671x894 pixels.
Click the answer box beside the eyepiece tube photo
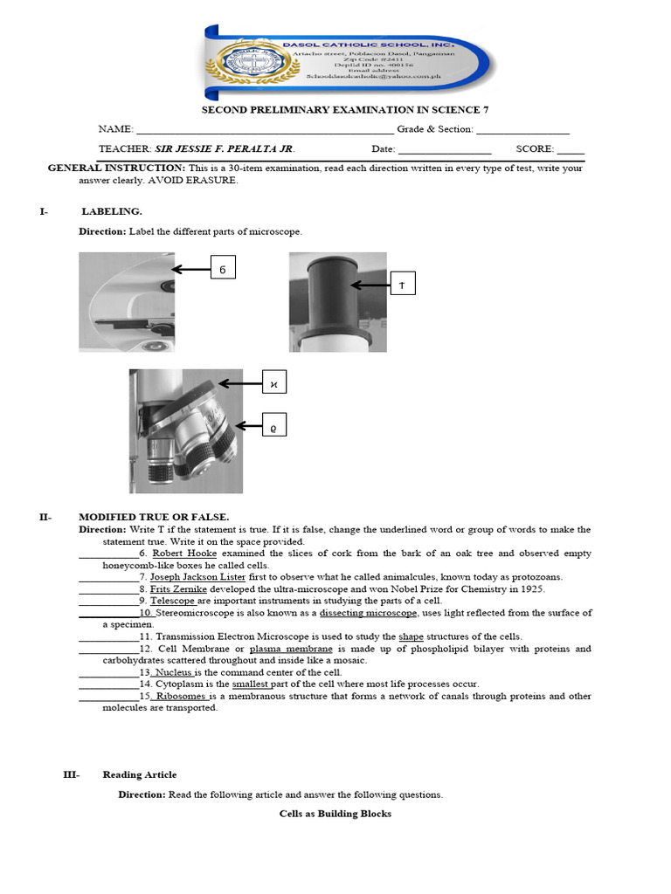[x=402, y=285]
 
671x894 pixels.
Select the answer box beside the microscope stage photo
[x=223, y=270]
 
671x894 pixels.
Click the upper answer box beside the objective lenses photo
[x=274, y=383]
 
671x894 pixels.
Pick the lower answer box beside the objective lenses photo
[x=274, y=427]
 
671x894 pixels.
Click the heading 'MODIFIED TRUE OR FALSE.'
[x=154, y=517]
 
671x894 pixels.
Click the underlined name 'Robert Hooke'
[x=184, y=554]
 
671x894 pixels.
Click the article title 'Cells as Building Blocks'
[x=335, y=814]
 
